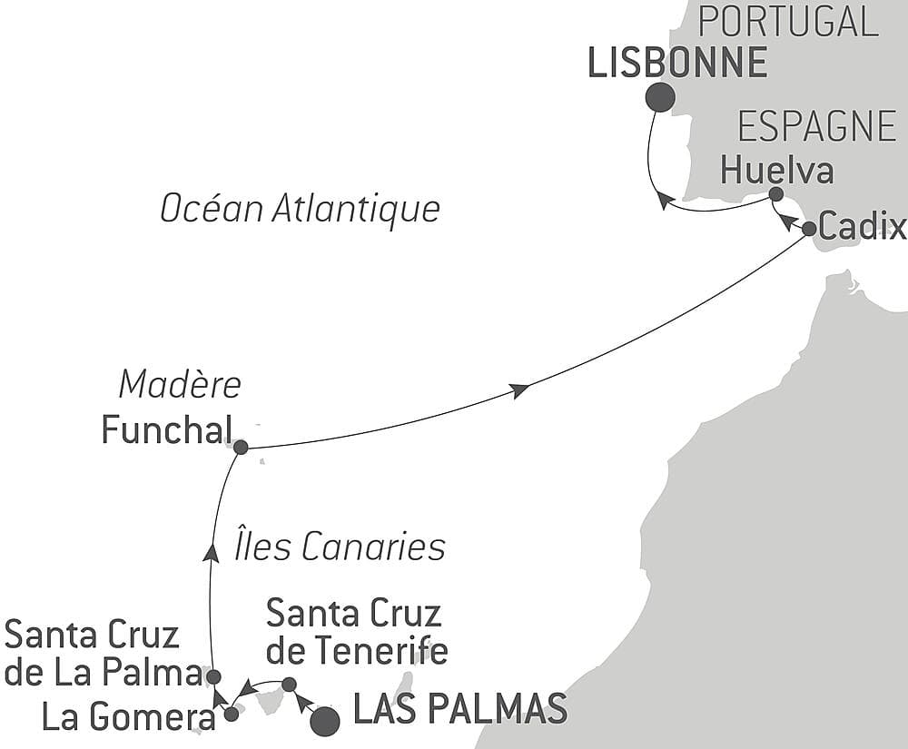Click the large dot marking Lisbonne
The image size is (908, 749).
(x=660, y=97)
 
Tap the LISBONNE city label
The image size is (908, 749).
(x=677, y=64)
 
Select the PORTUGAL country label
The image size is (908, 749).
(x=787, y=21)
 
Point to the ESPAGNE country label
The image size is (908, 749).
(x=816, y=127)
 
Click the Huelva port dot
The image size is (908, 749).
(x=775, y=194)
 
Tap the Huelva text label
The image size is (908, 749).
(x=776, y=170)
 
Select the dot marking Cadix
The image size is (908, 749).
(x=809, y=229)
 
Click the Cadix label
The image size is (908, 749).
(x=862, y=227)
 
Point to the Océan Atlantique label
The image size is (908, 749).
(x=300, y=209)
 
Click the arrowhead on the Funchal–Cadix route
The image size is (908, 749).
(x=519, y=390)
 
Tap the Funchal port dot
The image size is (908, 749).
(x=241, y=447)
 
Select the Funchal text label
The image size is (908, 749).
(x=165, y=430)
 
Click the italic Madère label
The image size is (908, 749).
(x=180, y=385)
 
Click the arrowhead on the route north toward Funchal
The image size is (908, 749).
(x=211, y=552)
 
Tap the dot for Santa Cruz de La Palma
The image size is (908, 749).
(x=212, y=676)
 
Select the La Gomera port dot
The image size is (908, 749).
(x=231, y=714)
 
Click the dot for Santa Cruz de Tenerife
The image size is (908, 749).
(x=289, y=684)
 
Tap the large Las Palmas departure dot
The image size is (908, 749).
(x=324, y=722)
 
